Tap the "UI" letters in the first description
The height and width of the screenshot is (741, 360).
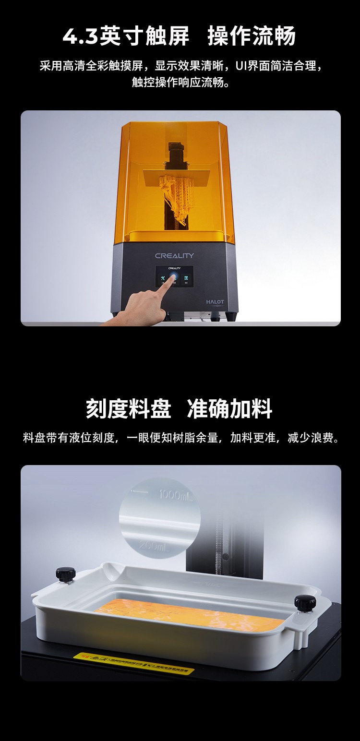pos(243,66)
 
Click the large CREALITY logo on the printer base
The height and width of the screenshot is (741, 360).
pos(174,256)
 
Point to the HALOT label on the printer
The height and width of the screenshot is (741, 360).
pos(215,302)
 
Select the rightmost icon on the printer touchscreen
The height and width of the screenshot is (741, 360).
pos(186,278)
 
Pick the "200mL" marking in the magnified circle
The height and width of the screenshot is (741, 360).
pos(153,546)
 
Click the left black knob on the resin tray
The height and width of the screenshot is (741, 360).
pos(65,574)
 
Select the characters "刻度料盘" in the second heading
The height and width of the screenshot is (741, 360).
pos(129,409)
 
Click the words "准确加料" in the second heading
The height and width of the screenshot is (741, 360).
pos(230,409)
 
